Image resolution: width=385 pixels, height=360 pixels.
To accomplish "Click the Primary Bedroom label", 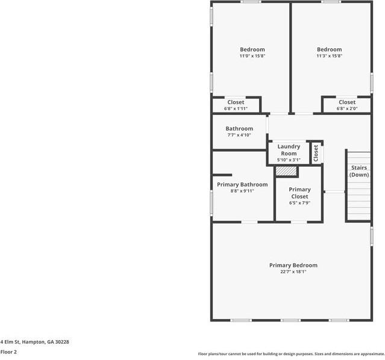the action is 293,265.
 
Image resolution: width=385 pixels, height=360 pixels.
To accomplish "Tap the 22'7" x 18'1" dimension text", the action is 293,272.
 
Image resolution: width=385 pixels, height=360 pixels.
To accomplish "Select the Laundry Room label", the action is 289,150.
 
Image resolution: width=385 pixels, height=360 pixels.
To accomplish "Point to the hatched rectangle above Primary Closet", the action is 286,171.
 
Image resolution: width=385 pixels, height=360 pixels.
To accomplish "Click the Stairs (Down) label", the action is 359,172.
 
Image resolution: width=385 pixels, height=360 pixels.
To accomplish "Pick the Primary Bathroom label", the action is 242,185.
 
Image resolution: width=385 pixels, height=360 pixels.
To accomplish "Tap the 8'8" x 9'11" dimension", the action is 242,191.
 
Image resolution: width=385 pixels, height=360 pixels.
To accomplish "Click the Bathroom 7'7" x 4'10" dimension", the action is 239,135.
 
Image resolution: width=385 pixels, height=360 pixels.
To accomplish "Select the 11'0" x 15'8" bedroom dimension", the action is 252,56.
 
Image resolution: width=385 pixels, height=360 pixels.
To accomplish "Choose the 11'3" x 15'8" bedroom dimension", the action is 329,56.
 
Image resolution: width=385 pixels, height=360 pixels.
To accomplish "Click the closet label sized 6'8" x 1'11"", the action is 236,102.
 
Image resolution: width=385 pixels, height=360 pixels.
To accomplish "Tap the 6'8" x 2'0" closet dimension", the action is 347,108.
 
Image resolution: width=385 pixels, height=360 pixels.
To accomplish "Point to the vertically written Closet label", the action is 316,154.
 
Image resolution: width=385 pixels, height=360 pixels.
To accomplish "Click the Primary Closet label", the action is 299,193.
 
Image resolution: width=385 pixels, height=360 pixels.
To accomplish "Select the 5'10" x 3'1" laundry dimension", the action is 289,160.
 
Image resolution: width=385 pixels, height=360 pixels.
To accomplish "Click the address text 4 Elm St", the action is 11,342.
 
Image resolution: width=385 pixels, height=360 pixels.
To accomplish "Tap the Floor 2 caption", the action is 8,352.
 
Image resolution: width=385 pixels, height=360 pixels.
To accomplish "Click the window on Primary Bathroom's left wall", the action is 211,203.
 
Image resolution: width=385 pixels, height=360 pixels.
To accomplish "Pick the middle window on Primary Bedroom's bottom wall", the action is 290,320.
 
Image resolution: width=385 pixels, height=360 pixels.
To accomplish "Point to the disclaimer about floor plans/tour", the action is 292,354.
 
